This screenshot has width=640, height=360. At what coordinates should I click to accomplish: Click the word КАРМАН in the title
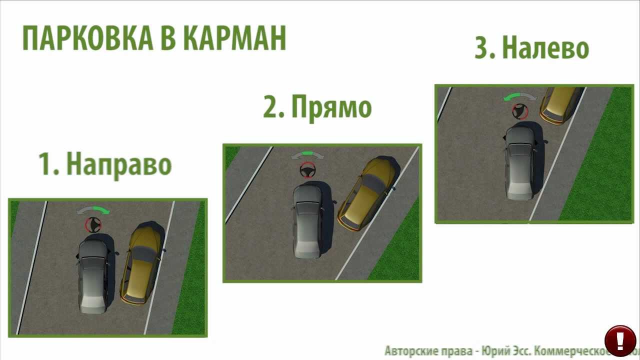[x=234, y=39]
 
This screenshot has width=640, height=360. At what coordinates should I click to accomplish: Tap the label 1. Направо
[x=105, y=163]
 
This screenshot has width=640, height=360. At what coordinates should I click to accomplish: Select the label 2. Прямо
[x=317, y=107]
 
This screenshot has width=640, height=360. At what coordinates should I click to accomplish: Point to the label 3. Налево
[x=532, y=48]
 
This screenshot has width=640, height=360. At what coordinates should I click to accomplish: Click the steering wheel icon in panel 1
[x=93, y=225]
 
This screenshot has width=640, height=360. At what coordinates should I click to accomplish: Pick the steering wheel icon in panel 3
[x=520, y=111]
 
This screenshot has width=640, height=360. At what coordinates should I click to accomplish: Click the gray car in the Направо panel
[x=93, y=276]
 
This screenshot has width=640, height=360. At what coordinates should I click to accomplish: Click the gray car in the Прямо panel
[x=307, y=220]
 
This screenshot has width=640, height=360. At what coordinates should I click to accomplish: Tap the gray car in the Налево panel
[x=520, y=162]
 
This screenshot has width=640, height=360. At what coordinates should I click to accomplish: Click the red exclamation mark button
[x=620, y=340]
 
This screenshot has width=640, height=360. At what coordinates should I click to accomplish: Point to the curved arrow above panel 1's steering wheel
[x=93, y=210]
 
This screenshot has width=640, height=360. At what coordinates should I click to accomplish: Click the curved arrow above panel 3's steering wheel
[x=520, y=96]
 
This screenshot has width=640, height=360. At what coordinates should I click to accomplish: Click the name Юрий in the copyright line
[x=494, y=350]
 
